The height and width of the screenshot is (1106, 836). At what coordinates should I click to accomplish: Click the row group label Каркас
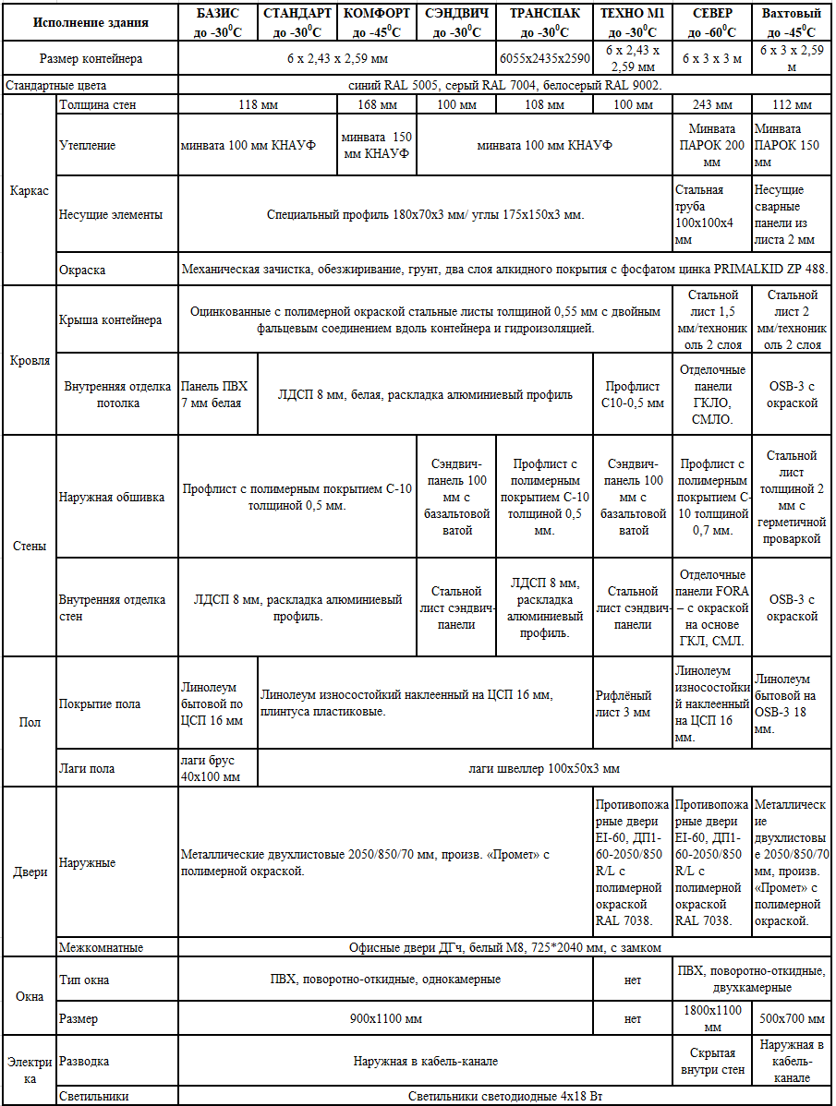pyautogui.click(x=29, y=190)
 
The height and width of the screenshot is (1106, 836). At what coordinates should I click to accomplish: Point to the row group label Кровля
pyautogui.click(x=29, y=361)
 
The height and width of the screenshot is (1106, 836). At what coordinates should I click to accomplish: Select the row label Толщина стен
pyautogui.click(x=98, y=104)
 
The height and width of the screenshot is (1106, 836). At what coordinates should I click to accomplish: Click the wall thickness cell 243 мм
pyautogui.click(x=711, y=104)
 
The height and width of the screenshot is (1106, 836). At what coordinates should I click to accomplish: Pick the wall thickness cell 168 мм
pyautogui.click(x=377, y=104)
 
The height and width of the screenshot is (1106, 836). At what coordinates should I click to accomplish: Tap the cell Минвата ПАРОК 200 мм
pyautogui.click(x=711, y=145)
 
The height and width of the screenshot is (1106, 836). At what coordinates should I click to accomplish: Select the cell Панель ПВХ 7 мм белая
pyautogui.click(x=216, y=394)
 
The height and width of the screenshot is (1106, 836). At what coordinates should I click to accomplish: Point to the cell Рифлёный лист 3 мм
pyautogui.click(x=631, y=703)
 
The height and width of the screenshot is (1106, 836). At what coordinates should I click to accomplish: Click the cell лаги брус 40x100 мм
pyautogui.click(x=216, y=768)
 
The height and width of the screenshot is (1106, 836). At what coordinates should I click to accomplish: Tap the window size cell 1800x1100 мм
pyautogui.click(x=711, y=1018)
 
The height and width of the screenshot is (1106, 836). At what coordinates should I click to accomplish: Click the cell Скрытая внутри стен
pyautogui.click(x=711, y=1062)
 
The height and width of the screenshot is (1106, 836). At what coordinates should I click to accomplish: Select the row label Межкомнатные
pyautogui.click(x=102, y=947)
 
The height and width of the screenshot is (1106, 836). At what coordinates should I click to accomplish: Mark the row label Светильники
pyautogui.click(x=94, y=1096)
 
